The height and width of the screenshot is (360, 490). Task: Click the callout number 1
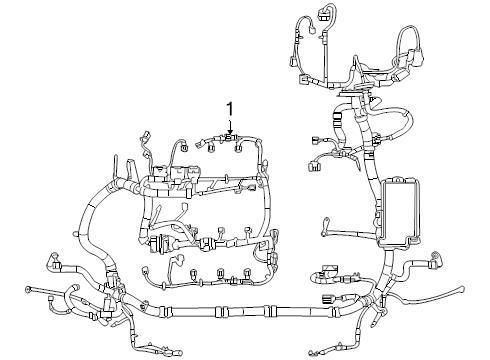[229, 108]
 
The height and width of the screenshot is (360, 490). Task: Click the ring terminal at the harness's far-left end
[27, 292]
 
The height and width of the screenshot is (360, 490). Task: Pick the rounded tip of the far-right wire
[465, 292]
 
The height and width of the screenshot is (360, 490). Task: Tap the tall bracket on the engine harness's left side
[118, 167]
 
